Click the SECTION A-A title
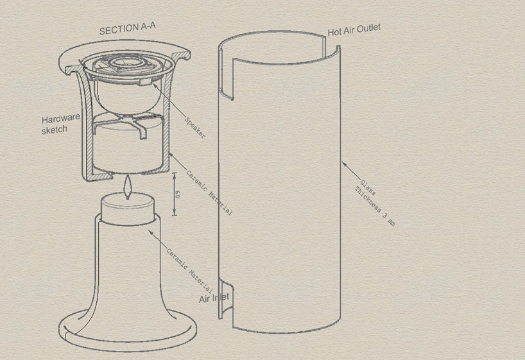pyautogui.click(x=128, y=28)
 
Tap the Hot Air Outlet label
pyautogui.click(x=354, y=30)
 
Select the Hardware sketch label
pyautogui.click(x=60, y=124)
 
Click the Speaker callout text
pyautogui.click(x=195, y=128)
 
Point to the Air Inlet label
pyautogui.click(x=214, y=298)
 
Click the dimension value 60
pyautogui.click(x=177, y=194)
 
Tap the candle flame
pyautogui.click(x=127, y=186)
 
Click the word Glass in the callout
pyautogui.click(x=368, y=188)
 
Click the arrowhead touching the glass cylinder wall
pyautogui.click(x=345, y=164)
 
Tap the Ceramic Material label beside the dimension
pyautogui.click(x=209, y=193)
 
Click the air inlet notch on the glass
pyautogui.click(x=227, y=298)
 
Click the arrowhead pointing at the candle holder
pyautogui.click(x=151, y=232)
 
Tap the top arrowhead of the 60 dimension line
pyautogui.click(x=174, y=174)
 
